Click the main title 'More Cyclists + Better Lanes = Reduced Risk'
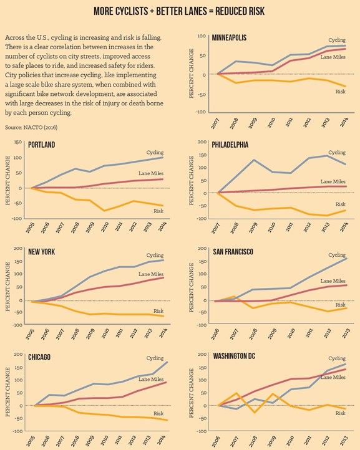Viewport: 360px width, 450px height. click(180, 12)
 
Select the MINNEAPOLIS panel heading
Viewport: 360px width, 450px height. click(229, 38)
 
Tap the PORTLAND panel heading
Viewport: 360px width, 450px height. click(42, 145)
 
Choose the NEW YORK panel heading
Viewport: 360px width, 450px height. click(44, 251)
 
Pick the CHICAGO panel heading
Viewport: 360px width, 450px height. click(39, 357)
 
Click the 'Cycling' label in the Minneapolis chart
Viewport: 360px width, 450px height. click(337, 39)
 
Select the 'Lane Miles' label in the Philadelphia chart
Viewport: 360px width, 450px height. click(333, 181)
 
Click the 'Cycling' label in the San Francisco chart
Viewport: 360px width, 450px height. click(337, 255)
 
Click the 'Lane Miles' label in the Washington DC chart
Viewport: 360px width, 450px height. click(333, 377)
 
